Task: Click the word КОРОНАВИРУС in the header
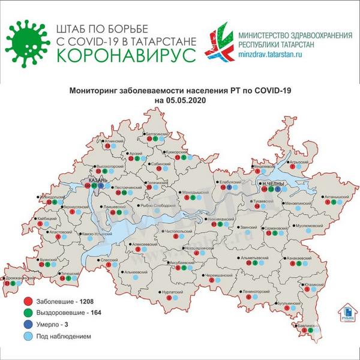point(125,55)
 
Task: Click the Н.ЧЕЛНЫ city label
point(268,181)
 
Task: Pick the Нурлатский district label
point(174,292)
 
